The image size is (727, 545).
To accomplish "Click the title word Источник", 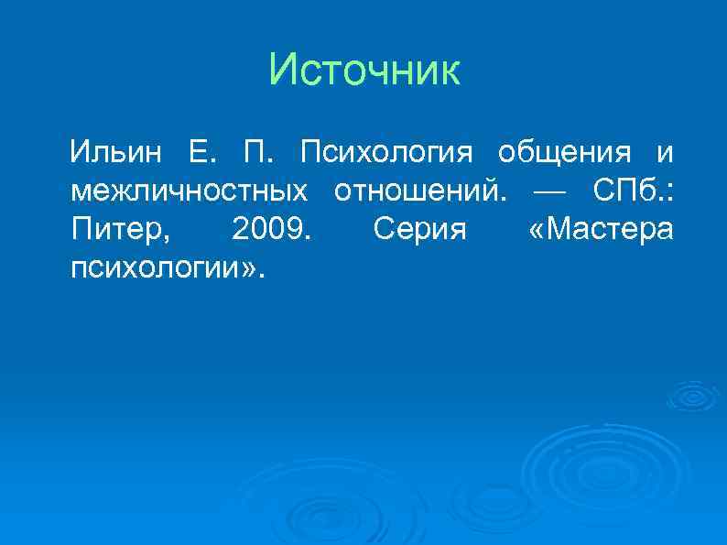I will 365,71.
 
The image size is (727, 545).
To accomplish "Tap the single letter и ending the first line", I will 664,150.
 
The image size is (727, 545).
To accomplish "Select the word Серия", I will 420,230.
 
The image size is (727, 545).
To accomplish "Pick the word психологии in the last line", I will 151,269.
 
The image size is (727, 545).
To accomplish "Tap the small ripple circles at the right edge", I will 697,396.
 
